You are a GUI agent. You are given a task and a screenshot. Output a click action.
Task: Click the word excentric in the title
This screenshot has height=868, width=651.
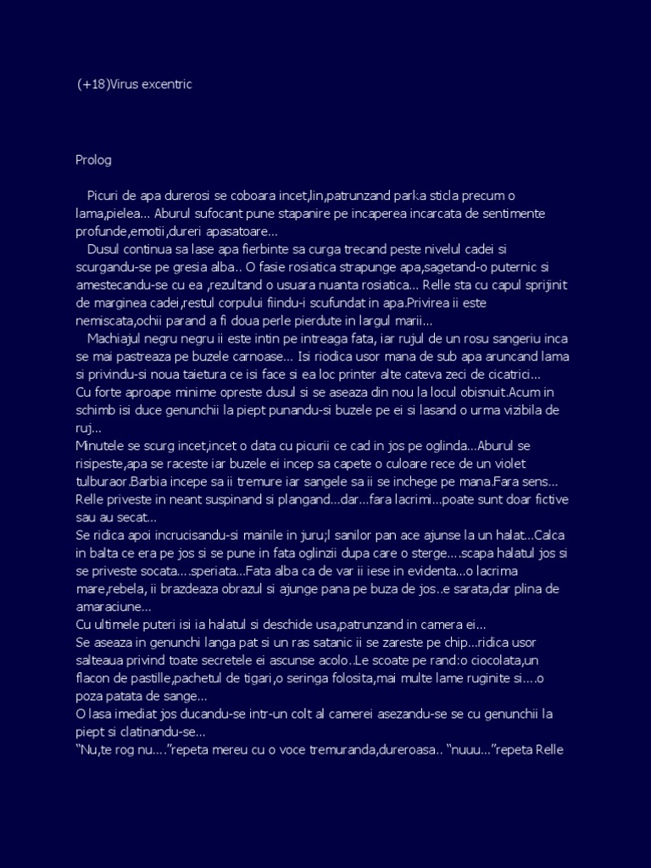(174, 84)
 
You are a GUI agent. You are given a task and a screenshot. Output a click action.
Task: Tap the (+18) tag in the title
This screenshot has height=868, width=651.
(92, 84)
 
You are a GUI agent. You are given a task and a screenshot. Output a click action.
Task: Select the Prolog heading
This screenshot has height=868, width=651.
(93, 159)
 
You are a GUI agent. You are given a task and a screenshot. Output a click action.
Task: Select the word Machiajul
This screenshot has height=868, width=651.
(121, 339)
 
